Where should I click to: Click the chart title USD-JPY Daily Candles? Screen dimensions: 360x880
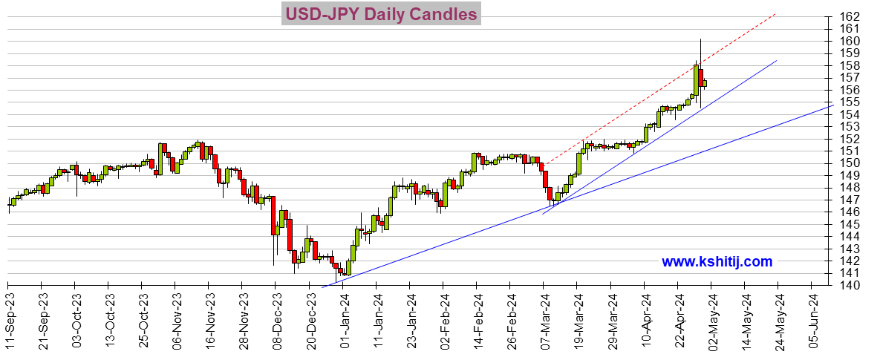(x=380, y=14)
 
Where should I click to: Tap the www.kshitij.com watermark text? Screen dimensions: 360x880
(x=717, y=261)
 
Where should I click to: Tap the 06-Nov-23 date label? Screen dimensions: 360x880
(x=175, y=318)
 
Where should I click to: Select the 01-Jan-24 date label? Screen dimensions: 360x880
(x=343, y=318)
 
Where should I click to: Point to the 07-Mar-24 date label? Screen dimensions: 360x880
(x=544, y=318)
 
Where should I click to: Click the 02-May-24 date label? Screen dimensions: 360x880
(x=711, y=318)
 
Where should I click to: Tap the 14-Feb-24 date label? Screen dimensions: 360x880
(x=477, y=318)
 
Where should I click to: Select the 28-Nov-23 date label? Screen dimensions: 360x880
(x=242, y=318)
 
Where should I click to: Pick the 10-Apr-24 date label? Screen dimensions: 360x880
(x=645, y=318)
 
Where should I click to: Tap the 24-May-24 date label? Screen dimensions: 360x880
(x=778, y=318)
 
